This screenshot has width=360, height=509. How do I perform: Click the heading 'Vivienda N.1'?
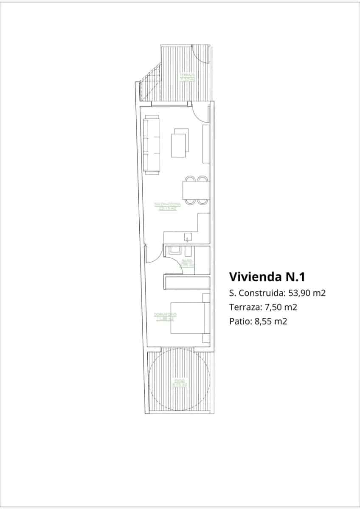coord(267,277)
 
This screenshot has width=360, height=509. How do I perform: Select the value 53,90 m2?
coord(306,293)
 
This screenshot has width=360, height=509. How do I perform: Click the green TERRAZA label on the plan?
coord(187,77)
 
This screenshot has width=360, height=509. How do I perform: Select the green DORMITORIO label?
coord(165,316)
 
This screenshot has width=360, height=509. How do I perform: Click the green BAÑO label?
coord(187,263)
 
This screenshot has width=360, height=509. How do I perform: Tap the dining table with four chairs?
coord(196,190)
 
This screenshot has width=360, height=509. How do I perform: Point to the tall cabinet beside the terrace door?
coord(206,144)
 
